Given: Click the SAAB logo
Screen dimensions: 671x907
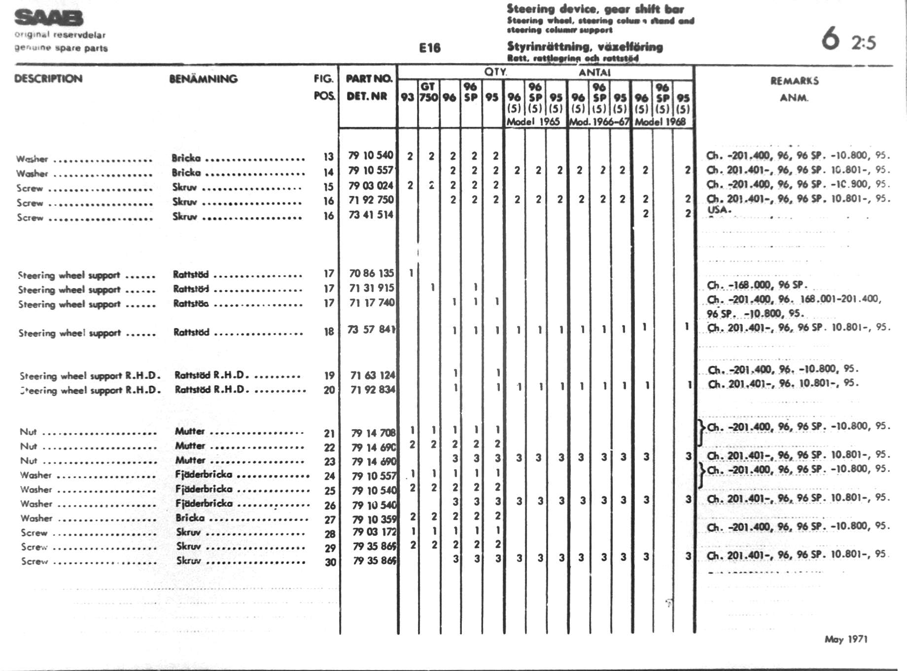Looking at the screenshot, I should [49, 18].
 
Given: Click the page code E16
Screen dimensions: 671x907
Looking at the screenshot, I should [429, 48].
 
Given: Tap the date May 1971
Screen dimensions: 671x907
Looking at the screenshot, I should [846, 639].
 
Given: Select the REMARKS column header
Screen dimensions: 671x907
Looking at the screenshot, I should [794, 81].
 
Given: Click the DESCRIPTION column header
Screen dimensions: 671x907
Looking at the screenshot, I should [48, 79].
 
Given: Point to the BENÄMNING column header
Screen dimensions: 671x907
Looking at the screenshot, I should [203, 79].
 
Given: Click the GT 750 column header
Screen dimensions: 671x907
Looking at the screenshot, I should [428, 92].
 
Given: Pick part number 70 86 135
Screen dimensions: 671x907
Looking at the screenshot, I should [371, 273].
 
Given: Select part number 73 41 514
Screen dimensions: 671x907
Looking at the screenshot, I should [371, 215].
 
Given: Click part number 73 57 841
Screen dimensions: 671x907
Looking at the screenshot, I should [372, 330].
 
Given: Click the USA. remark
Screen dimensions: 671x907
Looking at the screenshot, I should [719, 210].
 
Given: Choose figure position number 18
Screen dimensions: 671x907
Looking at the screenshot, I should [329, 332].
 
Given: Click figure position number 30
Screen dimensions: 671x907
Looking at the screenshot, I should [330, 562].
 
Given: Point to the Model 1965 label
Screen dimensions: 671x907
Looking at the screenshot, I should [533, 122].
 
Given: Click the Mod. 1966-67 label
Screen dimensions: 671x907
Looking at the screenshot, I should [599, 122].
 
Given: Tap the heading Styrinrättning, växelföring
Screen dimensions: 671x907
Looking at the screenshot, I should [585, 47].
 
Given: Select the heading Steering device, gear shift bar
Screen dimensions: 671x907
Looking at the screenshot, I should [595, 9].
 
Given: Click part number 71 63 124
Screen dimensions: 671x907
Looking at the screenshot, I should [373, 375].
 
